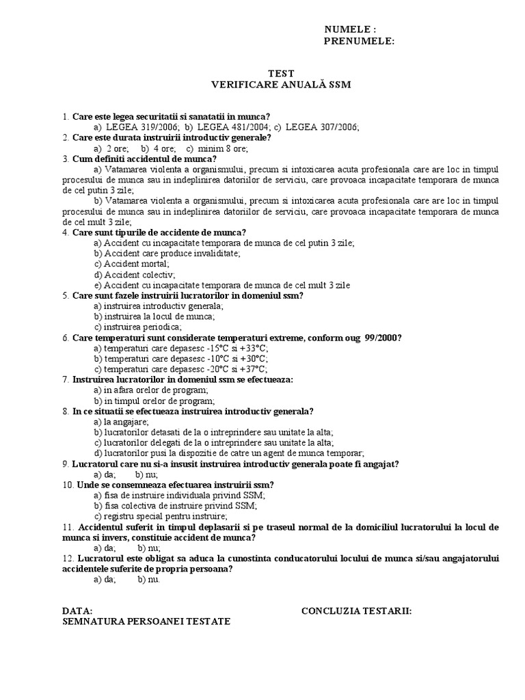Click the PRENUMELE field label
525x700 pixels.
tap(359, 41)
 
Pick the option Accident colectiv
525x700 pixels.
tap(135, 274)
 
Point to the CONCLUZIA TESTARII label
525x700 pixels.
tap(356, 610)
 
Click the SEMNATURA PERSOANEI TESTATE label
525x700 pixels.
tap(146, 621)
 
